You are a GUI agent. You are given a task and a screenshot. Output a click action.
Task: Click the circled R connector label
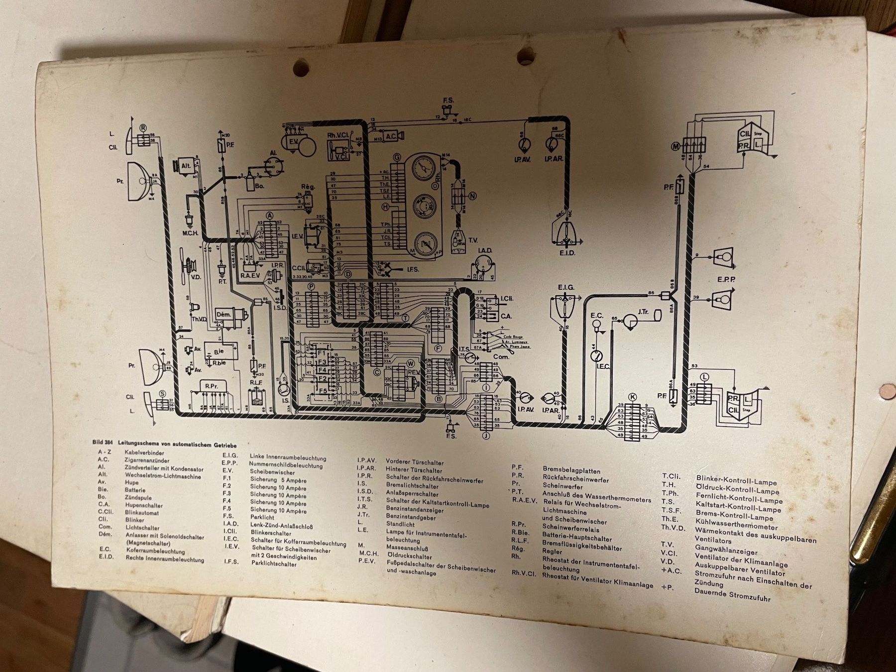coord(143,127)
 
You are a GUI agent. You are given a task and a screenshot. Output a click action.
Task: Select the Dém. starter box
coord(223,315)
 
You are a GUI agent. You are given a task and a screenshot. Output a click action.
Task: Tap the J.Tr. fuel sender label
coord(643,312)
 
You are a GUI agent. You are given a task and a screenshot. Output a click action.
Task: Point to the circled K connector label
coord(633,397)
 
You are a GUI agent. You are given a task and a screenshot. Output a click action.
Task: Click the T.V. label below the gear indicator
coord(472,240)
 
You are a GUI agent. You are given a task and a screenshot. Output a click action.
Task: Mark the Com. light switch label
coord(501,357)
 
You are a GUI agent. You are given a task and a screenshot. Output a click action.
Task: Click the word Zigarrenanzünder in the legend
coord(147,460)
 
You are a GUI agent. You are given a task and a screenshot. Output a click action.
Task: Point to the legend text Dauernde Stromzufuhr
coord(732,594)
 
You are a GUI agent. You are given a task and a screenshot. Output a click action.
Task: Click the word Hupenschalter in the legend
coord(144,505)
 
